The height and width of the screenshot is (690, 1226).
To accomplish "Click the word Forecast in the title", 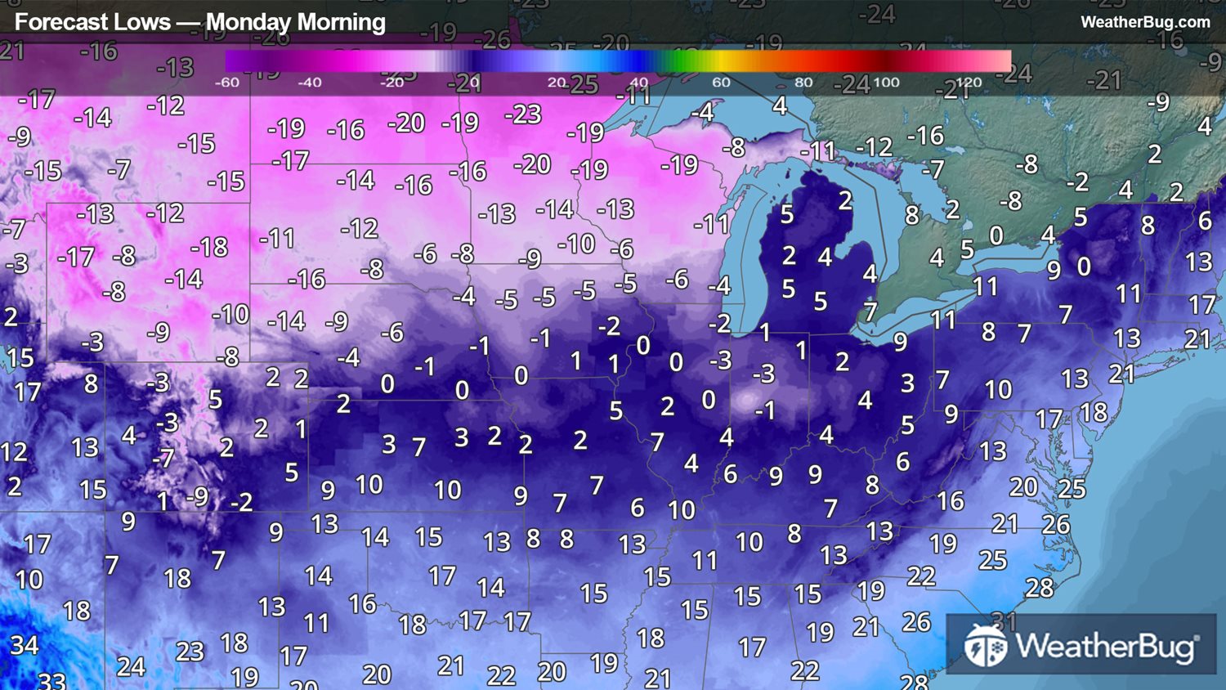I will point(52,22).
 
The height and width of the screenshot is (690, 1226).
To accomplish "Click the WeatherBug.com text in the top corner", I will point(1144,22).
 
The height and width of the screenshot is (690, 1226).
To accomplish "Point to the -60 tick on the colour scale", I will point(226,83).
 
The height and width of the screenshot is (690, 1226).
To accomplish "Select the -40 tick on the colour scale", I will point(309,83).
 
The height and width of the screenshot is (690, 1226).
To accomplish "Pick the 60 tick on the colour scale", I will point(721,83).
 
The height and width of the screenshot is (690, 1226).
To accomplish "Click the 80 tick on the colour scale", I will point(803,83).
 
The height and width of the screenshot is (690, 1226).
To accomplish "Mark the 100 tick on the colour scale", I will point(886,83).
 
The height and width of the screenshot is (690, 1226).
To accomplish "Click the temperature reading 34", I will point(25,645).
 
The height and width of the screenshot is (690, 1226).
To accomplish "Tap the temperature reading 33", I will point(52,680).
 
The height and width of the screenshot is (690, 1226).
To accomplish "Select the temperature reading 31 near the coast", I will point(1004,621).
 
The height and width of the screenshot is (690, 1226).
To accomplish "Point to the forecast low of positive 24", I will point(131,666).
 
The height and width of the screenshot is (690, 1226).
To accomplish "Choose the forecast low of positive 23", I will point(190,651).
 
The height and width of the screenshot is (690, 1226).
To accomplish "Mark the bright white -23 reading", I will point(523,114).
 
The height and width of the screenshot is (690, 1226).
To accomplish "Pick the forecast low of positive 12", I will point(14,451).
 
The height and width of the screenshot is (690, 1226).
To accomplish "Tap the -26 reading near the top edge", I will point(492,38).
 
